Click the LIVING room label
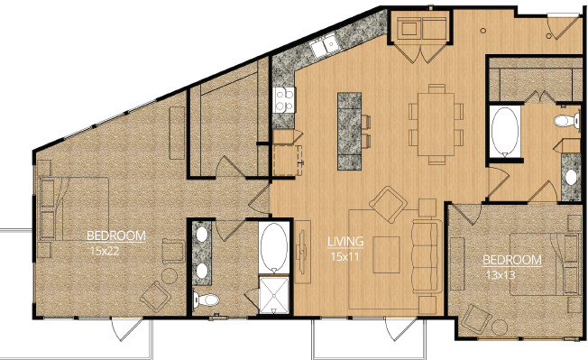point(345,242)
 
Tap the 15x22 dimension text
point(105,251)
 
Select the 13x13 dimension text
point(501,275)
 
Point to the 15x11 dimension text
point(345,256)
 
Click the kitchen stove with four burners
point(284,100)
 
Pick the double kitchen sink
point(324,45)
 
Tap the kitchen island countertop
point(350,131)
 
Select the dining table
point(436,125)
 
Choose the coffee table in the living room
point(386,255)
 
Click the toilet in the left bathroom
point(206,300)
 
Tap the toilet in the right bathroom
point(566,121)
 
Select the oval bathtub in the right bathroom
point(505,131)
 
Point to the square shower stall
point(274,295)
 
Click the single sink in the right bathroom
point(571,178)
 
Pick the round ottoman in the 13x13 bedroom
point(500,327)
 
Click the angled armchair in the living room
point(389,204)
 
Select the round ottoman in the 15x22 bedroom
point(170,276)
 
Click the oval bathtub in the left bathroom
point(274,246)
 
